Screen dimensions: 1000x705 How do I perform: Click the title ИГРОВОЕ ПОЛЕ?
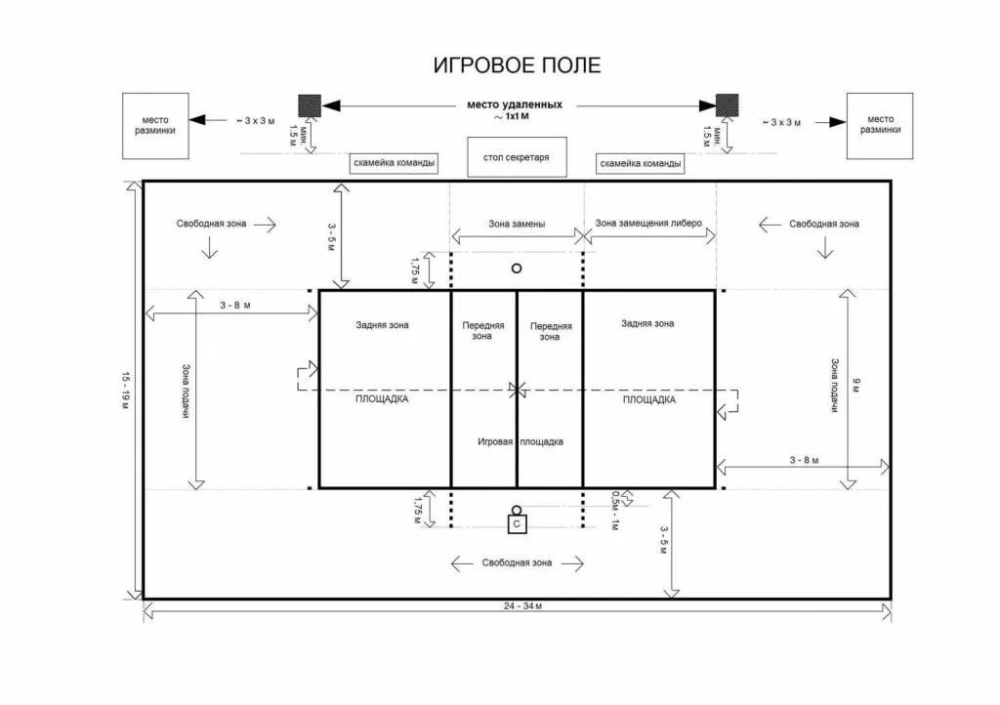517,65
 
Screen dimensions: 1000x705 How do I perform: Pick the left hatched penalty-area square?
310,105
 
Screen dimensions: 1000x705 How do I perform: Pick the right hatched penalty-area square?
727,105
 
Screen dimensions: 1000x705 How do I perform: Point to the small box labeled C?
518,524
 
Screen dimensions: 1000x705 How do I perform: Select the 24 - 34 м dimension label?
523,606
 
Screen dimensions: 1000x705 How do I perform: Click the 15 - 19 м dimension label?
126,391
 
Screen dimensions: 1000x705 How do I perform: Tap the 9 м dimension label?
856,385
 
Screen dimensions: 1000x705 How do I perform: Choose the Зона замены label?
517,224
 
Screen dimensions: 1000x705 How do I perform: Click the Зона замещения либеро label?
648,223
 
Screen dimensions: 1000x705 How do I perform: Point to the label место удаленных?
515,104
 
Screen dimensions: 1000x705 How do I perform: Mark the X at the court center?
518,390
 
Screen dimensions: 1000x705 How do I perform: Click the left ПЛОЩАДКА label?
382,399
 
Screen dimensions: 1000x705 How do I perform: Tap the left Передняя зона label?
482,330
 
